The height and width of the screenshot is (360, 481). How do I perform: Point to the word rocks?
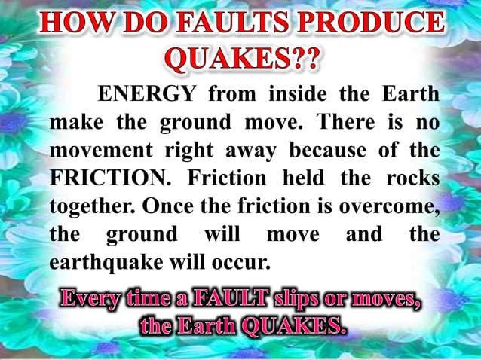(x=412, y=177)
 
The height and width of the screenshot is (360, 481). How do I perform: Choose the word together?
(x=90, y=205)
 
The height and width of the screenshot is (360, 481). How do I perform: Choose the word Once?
(x=165, y=205)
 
